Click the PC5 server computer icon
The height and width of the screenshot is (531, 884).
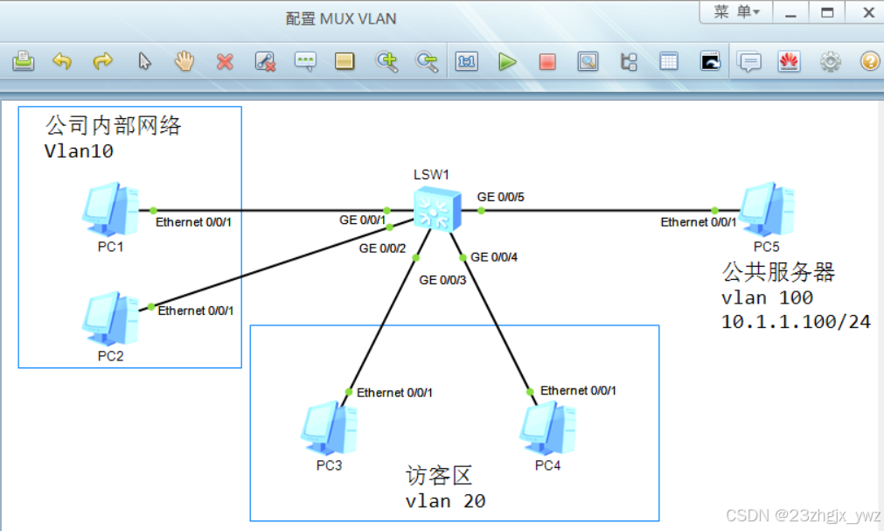[767, 207]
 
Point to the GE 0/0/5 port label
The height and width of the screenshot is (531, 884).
[501, 197]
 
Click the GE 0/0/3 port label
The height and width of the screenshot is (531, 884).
[442, 280]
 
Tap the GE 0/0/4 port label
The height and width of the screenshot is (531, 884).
[494, 257]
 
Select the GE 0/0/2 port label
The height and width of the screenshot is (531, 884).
[383, 248]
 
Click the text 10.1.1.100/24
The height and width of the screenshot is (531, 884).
[796, 322]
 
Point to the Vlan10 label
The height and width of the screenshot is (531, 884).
[79, 151]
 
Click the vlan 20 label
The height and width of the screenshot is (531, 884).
[445, 501]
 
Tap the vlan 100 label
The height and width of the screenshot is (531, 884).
[767, 297]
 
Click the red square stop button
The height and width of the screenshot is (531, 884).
[547, 62]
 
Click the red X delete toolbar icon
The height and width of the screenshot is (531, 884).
[225, 62]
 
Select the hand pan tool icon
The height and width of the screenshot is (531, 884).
[184, 61]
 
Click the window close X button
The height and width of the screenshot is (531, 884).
[868, 12]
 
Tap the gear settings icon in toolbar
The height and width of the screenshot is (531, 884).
[830, 62]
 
